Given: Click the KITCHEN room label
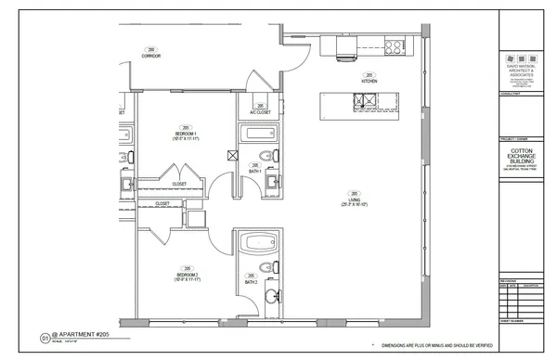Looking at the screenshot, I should click(x=369, y=82).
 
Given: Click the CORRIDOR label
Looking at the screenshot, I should click(x=151, y=57).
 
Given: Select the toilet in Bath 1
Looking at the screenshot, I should click(x=266, y=156).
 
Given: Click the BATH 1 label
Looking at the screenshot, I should click(x=254, y=171).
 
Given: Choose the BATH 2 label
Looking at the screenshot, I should click(x=251, y=280).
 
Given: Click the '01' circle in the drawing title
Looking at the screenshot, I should click(x=44, y=338).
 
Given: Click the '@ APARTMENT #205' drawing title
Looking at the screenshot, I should click(x=77, y=337).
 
